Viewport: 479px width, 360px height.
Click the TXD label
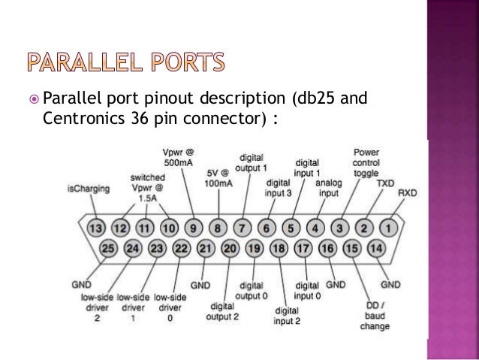(x=385, y=183)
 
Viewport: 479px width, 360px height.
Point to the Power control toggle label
(x=366, y=162)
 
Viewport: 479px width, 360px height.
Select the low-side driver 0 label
(x=170, y=307)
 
